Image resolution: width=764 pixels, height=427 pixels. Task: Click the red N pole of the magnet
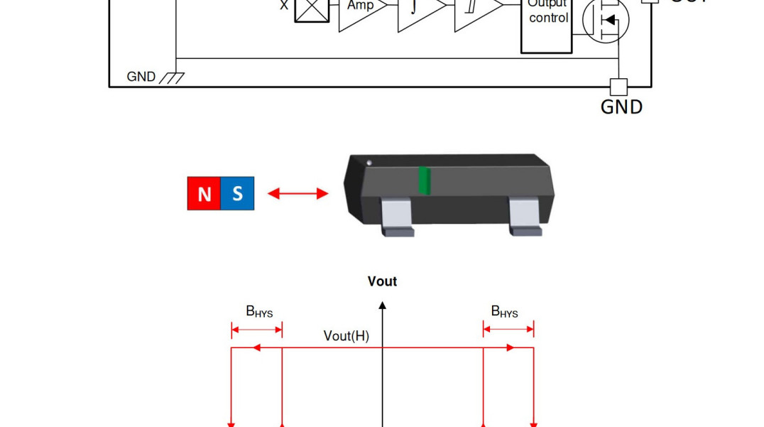click(204, 194)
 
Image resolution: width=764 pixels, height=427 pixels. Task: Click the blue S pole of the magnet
click(237, 194)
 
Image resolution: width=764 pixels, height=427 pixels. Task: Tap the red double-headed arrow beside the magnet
click(298, 193)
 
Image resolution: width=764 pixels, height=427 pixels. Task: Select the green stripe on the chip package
click(424, 180)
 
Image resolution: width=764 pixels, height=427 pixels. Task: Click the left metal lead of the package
click(396, 216)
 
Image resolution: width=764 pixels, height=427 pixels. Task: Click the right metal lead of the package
click(525, 216)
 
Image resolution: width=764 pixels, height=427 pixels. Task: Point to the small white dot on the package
click(369, 163)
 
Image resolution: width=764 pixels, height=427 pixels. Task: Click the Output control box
click(547, 21)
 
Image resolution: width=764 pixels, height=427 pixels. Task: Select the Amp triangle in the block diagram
click(360, 10)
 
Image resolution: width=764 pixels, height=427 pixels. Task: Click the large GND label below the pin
click(621, 107)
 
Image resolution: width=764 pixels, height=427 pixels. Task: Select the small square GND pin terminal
click(619, 87)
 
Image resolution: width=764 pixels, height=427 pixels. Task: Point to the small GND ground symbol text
click(141, 77)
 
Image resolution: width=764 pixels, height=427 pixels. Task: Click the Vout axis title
click(382, 281)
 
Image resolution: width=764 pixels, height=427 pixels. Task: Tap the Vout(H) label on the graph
click(346, 336)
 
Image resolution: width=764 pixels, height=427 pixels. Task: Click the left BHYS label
click(259, 311)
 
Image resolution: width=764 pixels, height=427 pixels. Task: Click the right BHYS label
click(504, 311)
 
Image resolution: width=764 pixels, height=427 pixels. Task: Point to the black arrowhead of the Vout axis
click(383, 306)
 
